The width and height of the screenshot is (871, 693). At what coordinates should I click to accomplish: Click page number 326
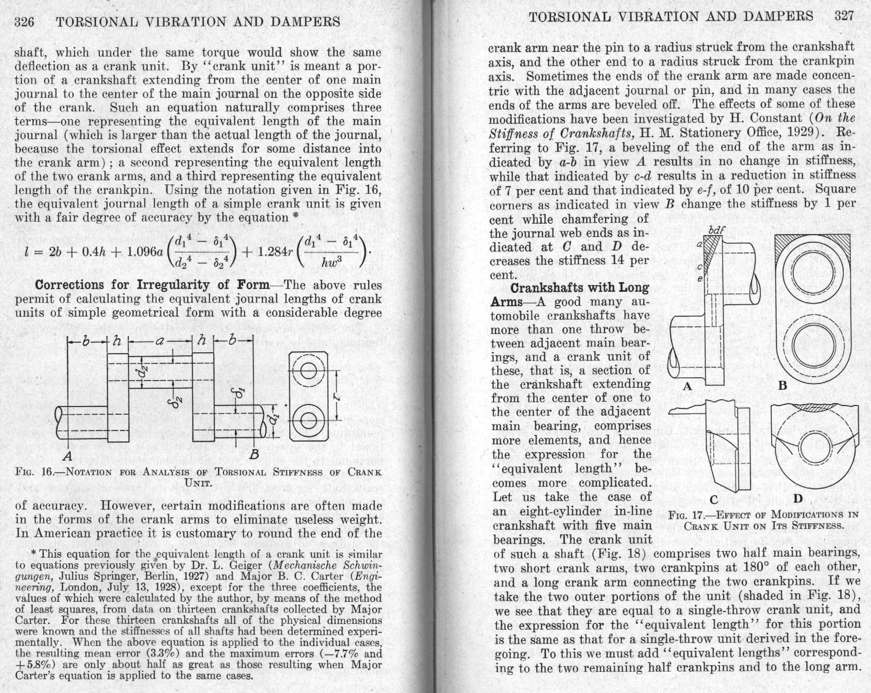click(x=24, y=22)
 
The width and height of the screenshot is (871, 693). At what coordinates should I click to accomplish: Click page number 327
click(x=844, y=16)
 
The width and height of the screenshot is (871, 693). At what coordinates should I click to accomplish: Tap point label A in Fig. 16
click(x=68, y=455)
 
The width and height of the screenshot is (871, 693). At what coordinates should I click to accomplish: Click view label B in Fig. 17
click(x=782, y=385)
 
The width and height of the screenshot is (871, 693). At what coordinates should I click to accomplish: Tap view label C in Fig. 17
click(x=714, y=500)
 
